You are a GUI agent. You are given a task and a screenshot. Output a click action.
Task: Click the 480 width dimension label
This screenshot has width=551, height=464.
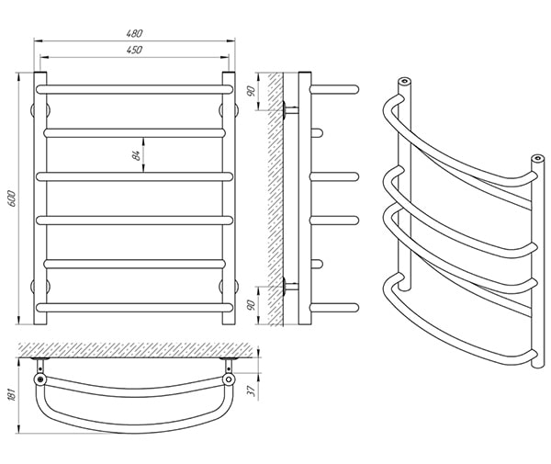tap(135, 33)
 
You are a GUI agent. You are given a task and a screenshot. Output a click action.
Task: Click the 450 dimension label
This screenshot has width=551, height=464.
tap(135, 50)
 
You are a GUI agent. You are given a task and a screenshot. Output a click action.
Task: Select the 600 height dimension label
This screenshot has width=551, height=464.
tap(12, 198)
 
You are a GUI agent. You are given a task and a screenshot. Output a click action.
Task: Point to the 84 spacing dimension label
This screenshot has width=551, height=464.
tap(137, 155)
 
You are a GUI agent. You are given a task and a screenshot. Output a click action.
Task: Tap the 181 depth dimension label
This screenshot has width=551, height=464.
tap(12, 395)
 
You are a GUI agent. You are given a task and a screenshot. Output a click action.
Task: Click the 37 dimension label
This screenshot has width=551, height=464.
tap(252, 390)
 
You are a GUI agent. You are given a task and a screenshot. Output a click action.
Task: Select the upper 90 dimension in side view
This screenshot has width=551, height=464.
tap(251, 91)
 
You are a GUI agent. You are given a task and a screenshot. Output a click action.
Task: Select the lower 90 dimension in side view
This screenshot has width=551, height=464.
tap(251, 305)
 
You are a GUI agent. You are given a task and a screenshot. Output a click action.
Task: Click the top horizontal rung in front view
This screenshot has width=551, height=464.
tap(135, 89)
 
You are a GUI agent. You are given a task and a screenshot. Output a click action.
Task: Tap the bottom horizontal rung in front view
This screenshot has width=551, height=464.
tap(135, 308)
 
